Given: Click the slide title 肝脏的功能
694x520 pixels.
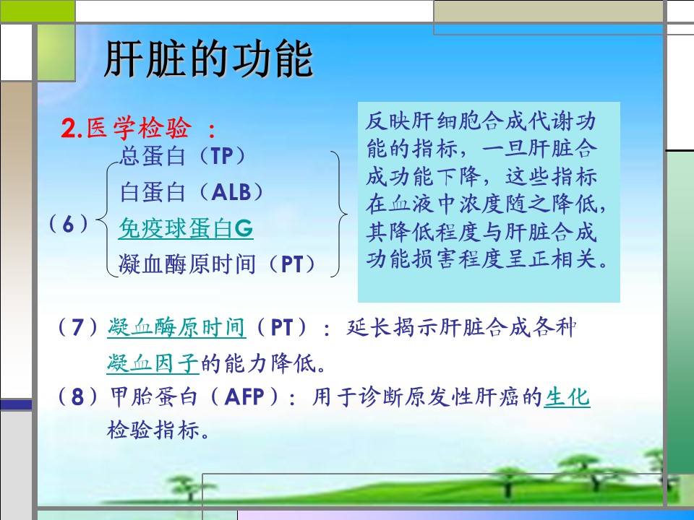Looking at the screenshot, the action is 208,58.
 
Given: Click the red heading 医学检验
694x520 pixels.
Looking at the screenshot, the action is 140,129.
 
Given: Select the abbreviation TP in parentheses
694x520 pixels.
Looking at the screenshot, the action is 222,156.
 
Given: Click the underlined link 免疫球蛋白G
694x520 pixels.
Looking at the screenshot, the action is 186,229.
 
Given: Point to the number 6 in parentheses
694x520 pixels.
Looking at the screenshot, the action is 68,225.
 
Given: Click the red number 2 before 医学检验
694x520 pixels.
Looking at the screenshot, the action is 69,129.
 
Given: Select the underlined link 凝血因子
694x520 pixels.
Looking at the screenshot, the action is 153,363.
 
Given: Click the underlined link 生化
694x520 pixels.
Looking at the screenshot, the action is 567,396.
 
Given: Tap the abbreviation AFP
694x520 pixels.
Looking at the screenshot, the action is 244,396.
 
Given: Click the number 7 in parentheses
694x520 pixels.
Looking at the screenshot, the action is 77,328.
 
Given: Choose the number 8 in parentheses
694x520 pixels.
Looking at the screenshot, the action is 77,396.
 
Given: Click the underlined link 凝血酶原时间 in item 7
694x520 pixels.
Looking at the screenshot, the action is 176,328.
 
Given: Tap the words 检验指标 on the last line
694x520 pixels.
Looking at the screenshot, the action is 153,430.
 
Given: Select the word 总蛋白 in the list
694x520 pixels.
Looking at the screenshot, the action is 153,156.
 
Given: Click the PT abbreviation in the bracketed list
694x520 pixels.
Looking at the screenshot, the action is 293,265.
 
